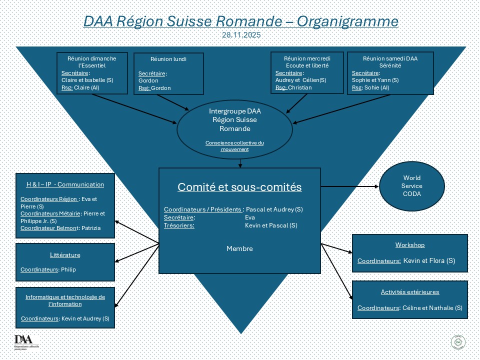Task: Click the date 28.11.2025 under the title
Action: [241, 35]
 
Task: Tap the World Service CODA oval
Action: [412, 186]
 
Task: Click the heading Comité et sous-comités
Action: [240, 187]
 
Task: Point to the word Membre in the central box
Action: [239, 248]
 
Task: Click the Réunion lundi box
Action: [161, 73]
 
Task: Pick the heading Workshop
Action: [409, 245]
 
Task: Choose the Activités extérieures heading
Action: [409, 292]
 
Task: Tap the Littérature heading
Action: [65, 255]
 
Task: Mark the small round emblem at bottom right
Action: [458, 342]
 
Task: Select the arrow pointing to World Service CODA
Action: [350, 186]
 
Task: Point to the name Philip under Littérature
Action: [67, 270]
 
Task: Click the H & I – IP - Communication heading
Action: [65, 184]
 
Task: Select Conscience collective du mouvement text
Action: [234, 146]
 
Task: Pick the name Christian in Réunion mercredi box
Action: [300, 87]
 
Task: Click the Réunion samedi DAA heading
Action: [390, 58]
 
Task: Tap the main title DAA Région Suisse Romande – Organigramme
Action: [241, 21]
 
